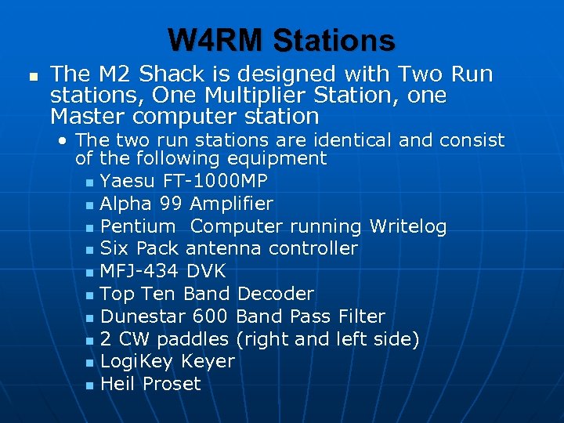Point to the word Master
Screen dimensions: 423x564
[86, 117]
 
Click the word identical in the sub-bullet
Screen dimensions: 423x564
[302, 140]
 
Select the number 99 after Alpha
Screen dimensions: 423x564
[172, 204]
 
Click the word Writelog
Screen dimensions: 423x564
[407, 226]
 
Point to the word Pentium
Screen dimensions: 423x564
[138, 226]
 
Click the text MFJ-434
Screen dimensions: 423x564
[138, 271]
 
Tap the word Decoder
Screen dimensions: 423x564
[275, 294]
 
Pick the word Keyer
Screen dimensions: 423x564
[208, 361]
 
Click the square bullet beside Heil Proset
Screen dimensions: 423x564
[89, 385]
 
